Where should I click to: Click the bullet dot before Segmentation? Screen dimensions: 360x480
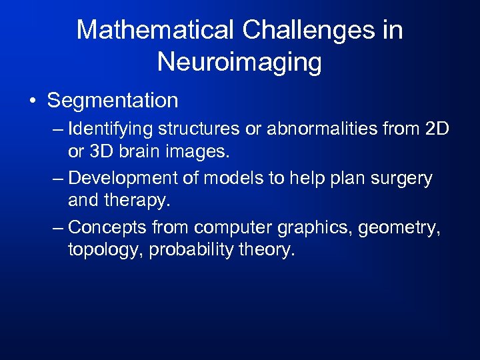pos(33,101)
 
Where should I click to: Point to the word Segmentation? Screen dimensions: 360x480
pos(113,101)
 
